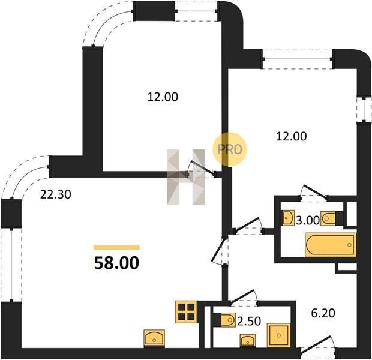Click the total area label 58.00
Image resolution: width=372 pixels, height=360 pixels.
tap(116, 263)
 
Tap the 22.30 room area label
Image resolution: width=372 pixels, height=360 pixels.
tap(56, 194)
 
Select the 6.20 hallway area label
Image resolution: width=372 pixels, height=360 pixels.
tap(323, 313)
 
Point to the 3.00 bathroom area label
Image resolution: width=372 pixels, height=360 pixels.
tap(308, 220)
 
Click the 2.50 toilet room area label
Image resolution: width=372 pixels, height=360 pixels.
tap(249, 322)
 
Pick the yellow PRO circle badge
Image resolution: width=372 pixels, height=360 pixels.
tap(230, 149)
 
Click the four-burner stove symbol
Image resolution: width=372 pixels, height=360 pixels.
tap(186, 311)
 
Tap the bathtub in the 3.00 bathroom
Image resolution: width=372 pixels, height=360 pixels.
tap(331, 245)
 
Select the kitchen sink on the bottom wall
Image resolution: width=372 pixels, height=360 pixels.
tap(154, 337)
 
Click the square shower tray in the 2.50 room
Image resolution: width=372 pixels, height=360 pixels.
tap(278, 335)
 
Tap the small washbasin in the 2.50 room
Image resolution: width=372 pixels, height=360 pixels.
tap(248, 340)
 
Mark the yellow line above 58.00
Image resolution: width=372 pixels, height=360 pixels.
tap(117, 248)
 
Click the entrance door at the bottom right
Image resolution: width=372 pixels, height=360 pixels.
tap(318, 347)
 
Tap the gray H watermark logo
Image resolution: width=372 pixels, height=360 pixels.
tap(186, 177)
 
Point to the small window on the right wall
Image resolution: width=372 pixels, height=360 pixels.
tap(364, 110)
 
